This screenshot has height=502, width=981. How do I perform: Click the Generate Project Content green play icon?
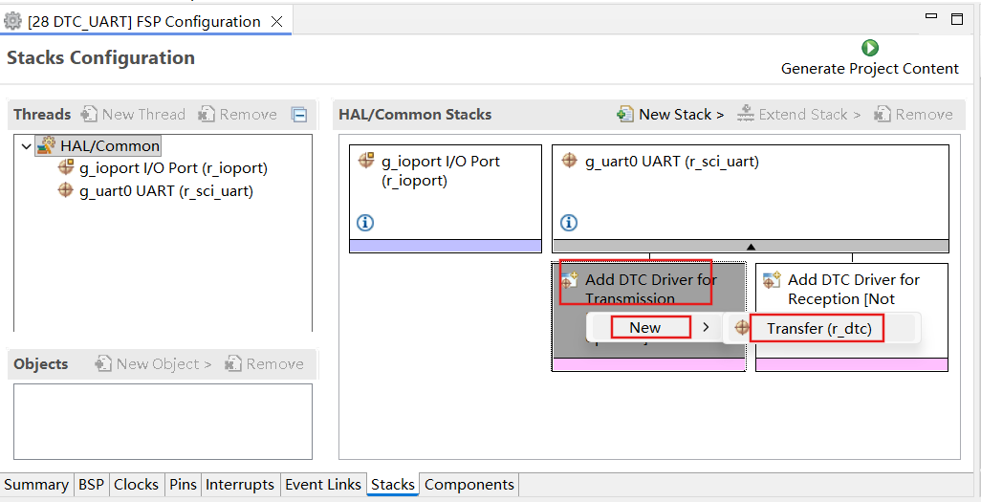pos(870,48)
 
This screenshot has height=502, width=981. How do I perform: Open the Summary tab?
pos(36,485)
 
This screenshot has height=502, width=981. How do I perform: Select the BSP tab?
pos(92,485)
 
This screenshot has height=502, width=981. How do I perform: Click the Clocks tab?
pos(136,485)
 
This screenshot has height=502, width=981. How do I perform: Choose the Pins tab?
pos(183,485)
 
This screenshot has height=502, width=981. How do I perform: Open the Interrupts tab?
pos(240,485)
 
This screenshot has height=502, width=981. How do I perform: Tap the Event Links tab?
pos(323,485)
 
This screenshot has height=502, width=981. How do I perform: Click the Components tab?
pos(469,485)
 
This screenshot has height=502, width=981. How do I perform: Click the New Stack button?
pos(670,115)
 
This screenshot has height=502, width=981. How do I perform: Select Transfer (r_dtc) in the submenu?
pos(819,329)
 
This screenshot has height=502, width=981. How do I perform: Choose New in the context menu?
pos(645,328)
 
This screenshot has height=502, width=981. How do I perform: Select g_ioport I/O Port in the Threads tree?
pos(163,167)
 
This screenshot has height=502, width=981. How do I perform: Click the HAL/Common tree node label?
pos(110,146)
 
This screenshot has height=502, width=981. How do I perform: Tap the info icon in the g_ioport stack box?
pos(365,222)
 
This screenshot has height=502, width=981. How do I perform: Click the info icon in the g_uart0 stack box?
pos(569,222)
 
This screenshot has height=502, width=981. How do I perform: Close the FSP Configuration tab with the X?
pos(276,22)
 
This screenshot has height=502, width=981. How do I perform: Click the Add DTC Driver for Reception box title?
pos(854,289)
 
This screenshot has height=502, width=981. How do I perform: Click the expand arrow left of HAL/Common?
pos(26,146)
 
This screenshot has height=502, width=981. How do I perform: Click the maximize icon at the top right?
pos(956,19)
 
